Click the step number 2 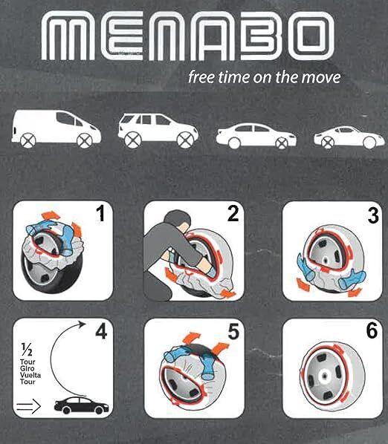point(233,215)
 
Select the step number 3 point(363,216)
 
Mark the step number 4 point(101,333)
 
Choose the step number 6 point(363,333)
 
